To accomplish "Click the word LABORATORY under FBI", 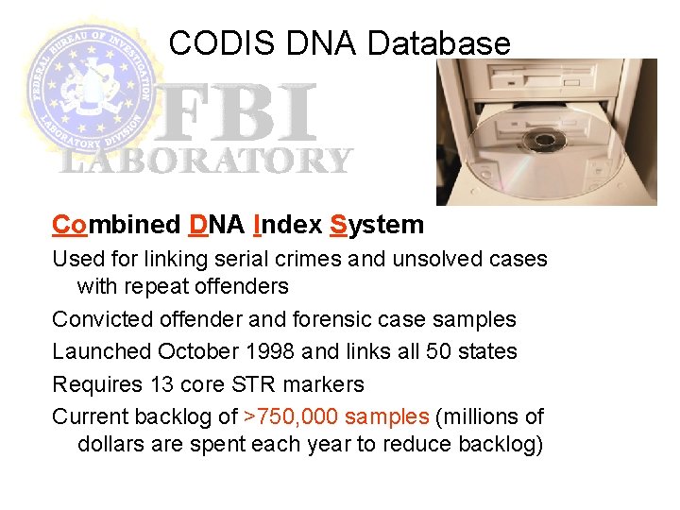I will coord(205,161).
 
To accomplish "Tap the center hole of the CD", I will coord(543,143).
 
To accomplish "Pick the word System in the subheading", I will coord(377,225).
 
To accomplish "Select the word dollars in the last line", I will coord(110,445).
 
